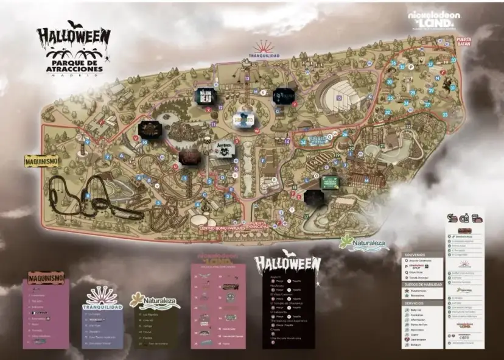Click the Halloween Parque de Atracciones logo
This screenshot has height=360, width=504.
[73, 49]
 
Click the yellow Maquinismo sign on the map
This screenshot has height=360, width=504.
[42, 160]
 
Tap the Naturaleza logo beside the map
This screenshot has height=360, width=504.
[363, 242]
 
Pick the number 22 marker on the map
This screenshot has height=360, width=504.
[408, 127]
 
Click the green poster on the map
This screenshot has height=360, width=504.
[330, 182]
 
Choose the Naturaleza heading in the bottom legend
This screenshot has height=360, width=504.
[155, 300]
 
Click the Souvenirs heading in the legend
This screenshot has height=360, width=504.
[415, 255]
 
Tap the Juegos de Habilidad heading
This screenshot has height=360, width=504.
[421, 284]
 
